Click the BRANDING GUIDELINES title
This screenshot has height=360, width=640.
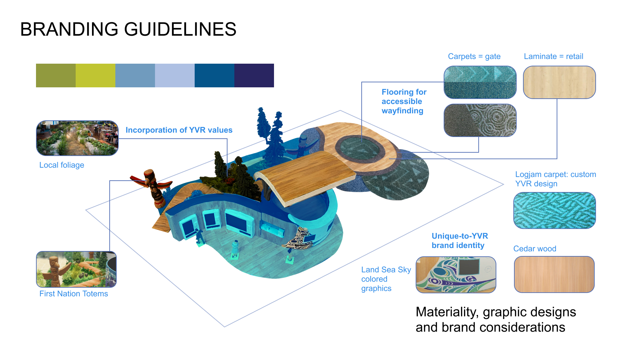click(128, 29)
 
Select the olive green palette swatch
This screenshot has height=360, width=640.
click(56, 76)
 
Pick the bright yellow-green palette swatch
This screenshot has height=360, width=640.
click(95, 76)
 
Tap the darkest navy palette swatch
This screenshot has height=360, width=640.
click(254, 76)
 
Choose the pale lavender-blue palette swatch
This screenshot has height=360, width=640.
click(175, 76)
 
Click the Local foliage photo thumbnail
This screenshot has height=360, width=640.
click(77, 138)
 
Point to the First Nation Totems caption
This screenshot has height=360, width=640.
click(74, 294)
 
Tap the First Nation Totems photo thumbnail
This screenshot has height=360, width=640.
click(76, 269)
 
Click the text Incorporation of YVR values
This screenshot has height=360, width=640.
click(179, 130)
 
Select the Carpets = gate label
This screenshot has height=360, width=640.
click(474, 56)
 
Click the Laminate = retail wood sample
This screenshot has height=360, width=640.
click(559, 82)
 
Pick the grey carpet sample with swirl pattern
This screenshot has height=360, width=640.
click(480, 120)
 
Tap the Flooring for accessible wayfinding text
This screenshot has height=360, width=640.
click(404, 101)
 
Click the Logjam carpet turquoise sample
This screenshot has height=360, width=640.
click(554, 210)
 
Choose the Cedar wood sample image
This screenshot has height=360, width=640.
click(554, 274)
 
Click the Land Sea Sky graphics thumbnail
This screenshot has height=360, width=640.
click(456, 275)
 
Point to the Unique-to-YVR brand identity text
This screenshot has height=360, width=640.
click(460, 241)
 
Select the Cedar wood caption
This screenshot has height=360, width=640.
click(535, 249)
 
